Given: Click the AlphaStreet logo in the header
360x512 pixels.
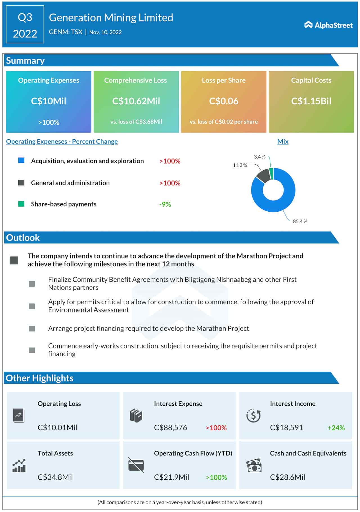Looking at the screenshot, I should tap(328, 25).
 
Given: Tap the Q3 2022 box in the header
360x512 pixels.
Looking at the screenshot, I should tap(25, 24).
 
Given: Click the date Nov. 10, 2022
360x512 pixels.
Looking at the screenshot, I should tap(105, 32).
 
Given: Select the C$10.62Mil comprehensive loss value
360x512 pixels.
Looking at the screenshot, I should tap(136, 101).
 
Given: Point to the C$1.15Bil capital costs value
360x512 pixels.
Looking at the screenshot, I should tap(311, 101).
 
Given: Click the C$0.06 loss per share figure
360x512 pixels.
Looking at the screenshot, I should tap(224, 101).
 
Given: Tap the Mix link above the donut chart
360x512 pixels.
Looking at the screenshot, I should tap(283, 142).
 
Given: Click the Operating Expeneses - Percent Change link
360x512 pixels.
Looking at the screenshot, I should tap(62, 142).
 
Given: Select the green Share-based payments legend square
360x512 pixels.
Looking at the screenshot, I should tap(21, 204).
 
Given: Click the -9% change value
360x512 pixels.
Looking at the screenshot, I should tap(165, 204).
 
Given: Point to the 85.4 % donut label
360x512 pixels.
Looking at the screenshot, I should tap(300, 222).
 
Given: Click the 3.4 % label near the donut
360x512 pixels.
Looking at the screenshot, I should tap(259, 157).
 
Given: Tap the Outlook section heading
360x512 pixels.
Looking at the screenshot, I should tap(23, 238).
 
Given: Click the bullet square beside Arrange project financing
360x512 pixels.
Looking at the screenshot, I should tap(32, 328).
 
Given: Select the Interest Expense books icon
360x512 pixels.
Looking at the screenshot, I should tap(136, 416).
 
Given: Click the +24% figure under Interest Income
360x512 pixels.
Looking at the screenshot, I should tap(336, 428).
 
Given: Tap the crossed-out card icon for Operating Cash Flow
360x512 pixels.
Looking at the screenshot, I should tap(136, 465).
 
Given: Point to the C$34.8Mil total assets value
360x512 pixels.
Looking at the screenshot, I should tap(55, 477).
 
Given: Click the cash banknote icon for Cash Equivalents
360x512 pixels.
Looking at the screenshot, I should tap(254, 466).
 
